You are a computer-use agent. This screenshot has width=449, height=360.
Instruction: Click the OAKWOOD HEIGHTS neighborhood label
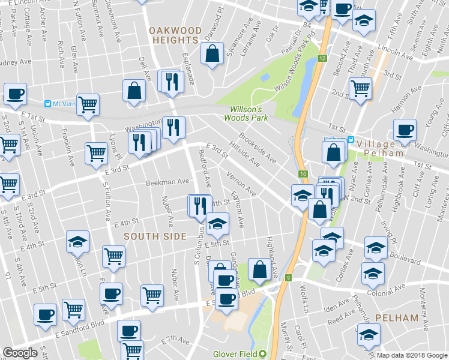(175, 34)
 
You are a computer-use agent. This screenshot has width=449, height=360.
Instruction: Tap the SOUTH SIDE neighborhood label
(155, 236)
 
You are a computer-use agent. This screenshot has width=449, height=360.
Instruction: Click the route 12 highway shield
(322, 58)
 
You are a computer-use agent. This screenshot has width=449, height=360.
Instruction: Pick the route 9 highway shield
(289, 278)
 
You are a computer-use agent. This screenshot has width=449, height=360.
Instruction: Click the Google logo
(20, 353)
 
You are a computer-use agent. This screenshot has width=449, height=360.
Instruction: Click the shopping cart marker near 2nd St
(360, 89)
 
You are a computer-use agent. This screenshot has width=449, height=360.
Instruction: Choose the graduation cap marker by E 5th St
(217, 225)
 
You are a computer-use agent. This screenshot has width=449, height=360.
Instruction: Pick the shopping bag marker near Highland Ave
(260, 269)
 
